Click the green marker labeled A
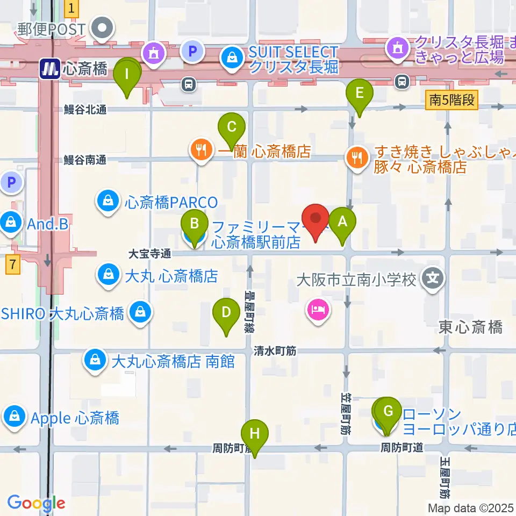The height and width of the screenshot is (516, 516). (x=342, y=221)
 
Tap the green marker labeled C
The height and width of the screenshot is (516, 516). (x=232, y=128)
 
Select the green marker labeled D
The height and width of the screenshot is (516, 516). (x=226, y=313)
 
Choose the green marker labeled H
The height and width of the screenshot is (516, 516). (x=255, y=434)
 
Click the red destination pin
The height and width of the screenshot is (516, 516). (x=316, y=219)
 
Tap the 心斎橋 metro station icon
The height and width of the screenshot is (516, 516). (x=50, y=69)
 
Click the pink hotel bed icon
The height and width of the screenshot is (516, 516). (x=318, y=310)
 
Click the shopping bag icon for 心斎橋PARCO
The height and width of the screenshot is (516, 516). (x=108, y=202)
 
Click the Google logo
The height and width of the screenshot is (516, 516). (x=37, y=503)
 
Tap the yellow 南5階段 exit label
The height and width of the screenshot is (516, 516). (x=453, y=99)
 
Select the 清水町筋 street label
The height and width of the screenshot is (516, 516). (x=276, y=351)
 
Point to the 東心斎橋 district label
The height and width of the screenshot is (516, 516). (x=470, y=327)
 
